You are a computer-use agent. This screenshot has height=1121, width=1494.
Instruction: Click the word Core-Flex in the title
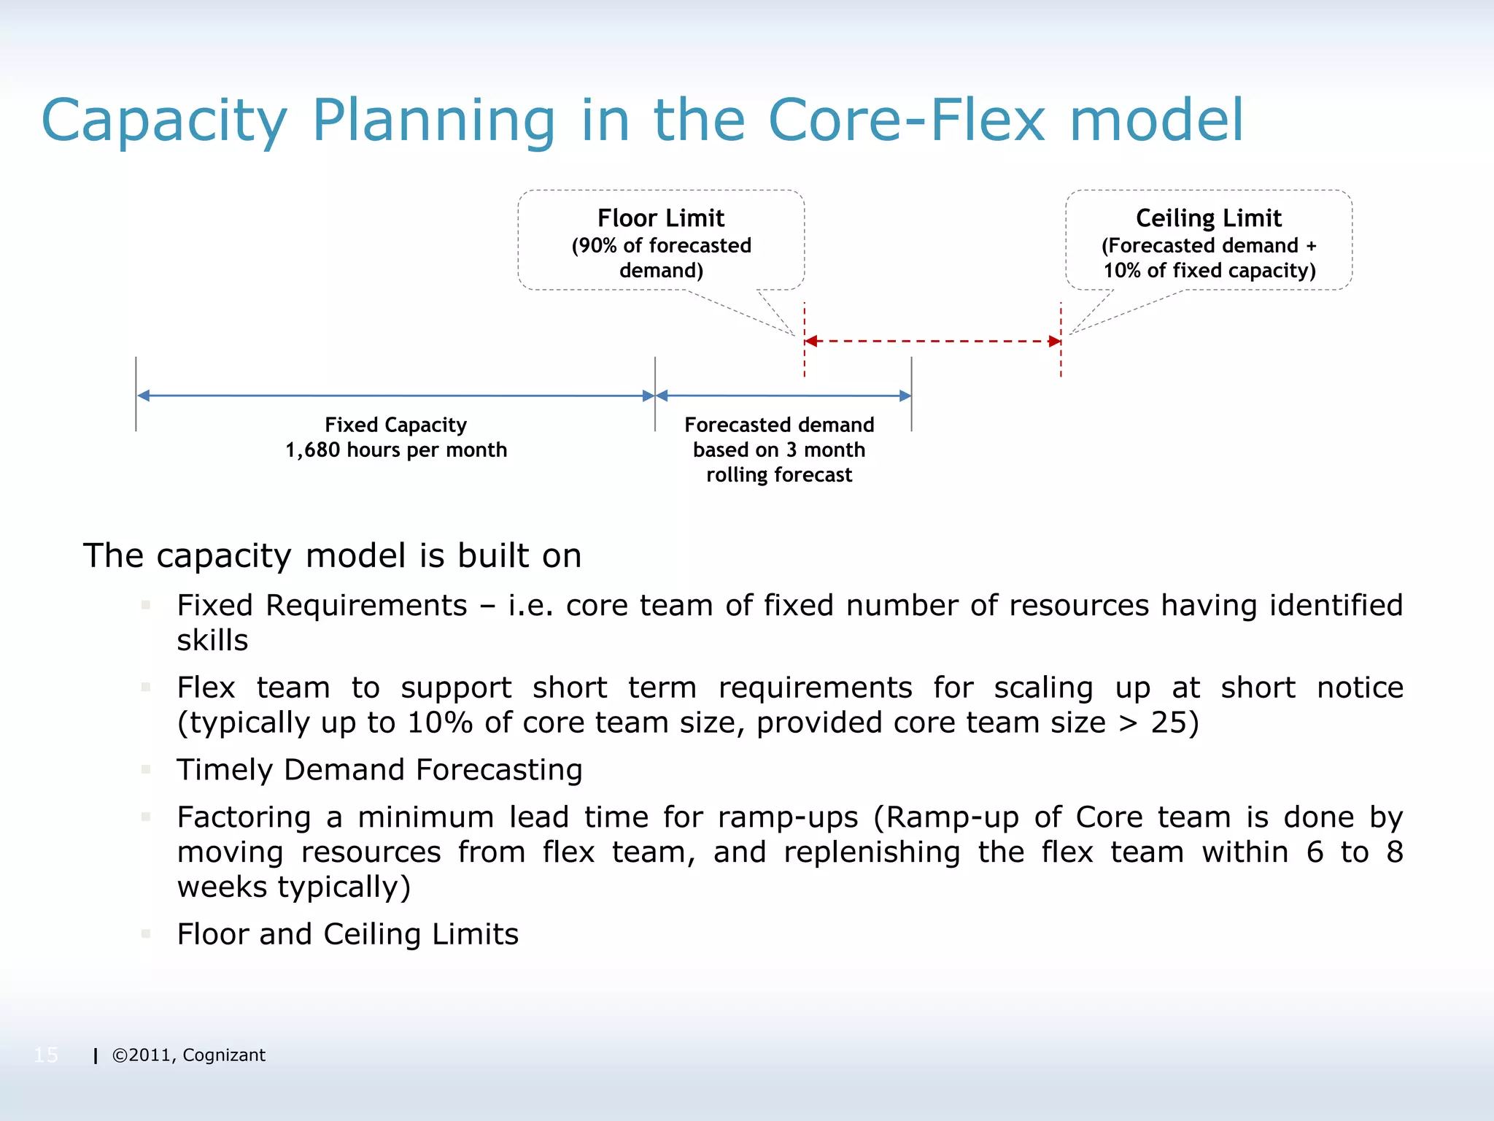pos(907,120)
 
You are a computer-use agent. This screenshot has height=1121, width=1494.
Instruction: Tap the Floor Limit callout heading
pos(661,218)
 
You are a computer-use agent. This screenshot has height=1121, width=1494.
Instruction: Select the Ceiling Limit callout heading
pos(1208,218)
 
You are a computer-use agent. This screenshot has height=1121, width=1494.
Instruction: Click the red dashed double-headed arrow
pos(932,341)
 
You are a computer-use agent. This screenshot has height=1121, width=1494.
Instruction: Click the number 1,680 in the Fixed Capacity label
pos(312,450)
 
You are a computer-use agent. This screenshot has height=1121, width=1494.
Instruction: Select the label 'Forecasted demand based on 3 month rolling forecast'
pos(779,450)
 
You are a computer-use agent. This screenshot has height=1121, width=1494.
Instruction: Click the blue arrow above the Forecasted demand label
pos(783,396)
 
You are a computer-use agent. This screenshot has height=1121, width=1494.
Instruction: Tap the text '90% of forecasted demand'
pos(661,258)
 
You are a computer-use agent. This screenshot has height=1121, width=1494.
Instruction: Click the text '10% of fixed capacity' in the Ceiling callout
pos(1209,271)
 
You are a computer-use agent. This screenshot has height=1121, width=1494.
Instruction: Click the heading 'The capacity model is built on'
pos(332,556)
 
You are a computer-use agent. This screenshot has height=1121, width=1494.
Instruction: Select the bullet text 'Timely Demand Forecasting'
pos(379,770)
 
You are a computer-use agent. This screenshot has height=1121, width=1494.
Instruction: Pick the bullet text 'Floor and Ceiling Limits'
pos(347,934)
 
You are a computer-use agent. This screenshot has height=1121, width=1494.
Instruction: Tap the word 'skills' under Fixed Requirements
pos(212,641)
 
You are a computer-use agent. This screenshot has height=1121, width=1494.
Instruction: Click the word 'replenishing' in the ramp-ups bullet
pos(872,852)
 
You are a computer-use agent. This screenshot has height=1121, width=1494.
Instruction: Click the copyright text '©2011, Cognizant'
pos(188,1055)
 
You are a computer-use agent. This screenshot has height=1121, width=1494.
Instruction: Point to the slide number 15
pos(46,1055)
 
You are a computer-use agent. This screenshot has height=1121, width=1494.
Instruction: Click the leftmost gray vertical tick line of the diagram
pos(136,394)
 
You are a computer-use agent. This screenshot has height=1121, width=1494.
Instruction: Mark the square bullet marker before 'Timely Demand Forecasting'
pos(146,769)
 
